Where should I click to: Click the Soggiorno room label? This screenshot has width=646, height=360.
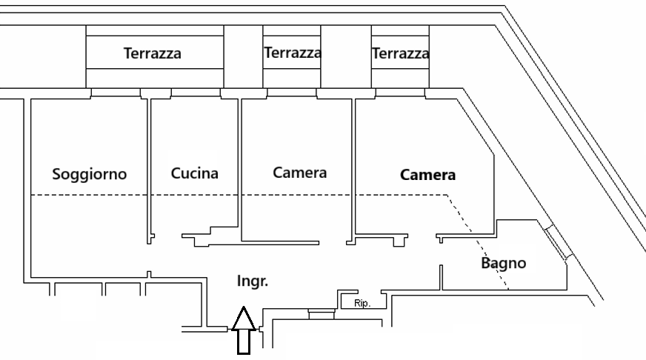pos(89,175)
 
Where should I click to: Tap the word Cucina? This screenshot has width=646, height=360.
pos(195,174)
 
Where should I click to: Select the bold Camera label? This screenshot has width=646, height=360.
pos(427,176)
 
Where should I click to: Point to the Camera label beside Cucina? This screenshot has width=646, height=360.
pos(299,173)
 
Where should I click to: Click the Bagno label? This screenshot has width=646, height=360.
pos(503,262)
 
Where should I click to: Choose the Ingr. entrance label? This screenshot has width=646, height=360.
pos(252,281)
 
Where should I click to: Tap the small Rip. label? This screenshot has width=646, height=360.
pos(362,303)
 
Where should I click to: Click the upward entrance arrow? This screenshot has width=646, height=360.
pos(244,330)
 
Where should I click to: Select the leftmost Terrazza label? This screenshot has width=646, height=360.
pos(153,53)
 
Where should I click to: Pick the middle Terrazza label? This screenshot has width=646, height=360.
pos(292,53)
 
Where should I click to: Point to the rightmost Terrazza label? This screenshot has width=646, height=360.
pos(400,53)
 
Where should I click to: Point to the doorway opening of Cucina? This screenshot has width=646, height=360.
pos(167,238)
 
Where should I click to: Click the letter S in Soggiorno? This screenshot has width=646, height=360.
pos(56,175)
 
